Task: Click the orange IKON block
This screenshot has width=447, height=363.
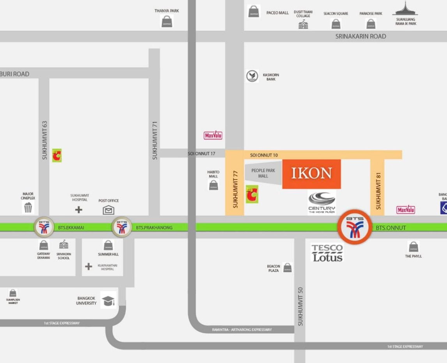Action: [311, 174]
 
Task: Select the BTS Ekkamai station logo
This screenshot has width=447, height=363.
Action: [44, 227]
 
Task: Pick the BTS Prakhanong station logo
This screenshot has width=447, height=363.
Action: [122, 227]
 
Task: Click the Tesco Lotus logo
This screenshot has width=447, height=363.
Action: [327, 253]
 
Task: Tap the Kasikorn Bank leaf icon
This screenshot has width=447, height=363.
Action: [253, 76]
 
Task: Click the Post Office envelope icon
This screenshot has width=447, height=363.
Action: [108, 210]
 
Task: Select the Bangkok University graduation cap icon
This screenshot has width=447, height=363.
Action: [108, 300]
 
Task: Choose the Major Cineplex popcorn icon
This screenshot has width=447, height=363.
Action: [28, 208]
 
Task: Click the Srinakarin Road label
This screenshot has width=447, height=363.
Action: [361, 36]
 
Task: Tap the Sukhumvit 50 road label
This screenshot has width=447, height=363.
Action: [300, 306]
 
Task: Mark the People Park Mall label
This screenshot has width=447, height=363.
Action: [263, 173]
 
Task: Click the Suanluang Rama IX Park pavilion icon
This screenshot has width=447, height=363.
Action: [405, 9]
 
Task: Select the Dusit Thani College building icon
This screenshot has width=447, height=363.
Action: [303, 25]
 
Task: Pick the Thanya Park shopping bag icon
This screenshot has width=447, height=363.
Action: [166, 21]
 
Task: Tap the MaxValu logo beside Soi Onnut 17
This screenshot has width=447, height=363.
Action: [213, 136]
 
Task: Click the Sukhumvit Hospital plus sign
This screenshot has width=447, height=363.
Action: [79, 210]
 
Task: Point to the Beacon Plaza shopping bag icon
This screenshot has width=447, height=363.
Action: [287, 268]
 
